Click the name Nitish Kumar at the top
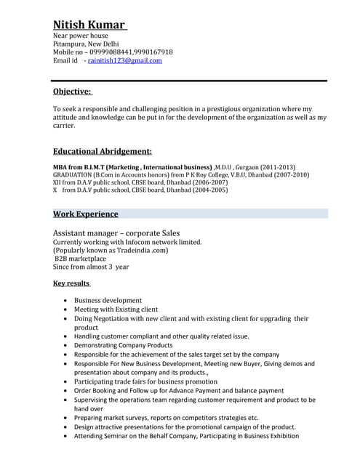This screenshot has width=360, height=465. (89, 25)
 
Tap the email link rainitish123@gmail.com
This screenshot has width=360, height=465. (124, 61)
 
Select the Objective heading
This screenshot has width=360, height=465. (72, 92)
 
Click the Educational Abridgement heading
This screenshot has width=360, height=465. (102, 151)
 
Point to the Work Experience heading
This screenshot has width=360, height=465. (85, 214)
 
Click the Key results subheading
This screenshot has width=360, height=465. (71, 283)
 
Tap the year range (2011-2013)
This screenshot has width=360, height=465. (277, 166)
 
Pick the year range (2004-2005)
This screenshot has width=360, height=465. (209, 190)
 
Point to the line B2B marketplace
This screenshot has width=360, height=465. (80, 259)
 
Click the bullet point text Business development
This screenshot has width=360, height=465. (108, 300)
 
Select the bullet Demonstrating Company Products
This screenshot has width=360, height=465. (123, 345)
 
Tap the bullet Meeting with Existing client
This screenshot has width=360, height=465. (116, 310)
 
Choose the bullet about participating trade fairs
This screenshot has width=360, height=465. (145, 381)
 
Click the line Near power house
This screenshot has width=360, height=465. (80, 35)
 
